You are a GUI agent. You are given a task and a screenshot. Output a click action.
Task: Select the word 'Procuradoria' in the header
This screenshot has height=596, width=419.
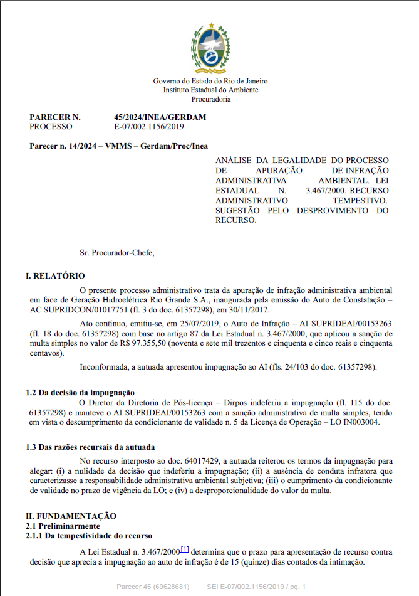click(x=210, y=99)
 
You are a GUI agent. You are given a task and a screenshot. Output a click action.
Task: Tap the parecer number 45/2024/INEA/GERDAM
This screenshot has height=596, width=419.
click(x=160, y=117)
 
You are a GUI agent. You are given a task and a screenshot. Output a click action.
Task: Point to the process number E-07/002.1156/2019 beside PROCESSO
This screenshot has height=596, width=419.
click(x=149, y=126)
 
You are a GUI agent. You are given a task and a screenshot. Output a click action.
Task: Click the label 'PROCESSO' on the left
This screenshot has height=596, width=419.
click(x=51, y=126)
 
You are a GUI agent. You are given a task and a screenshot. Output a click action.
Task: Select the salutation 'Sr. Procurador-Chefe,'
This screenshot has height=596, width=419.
click(x=116, y=253)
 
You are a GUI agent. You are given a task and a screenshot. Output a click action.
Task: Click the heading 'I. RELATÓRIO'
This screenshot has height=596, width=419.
click(x=55, y=276)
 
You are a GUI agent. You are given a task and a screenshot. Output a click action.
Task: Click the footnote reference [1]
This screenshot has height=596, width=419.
click(x=185, y=550)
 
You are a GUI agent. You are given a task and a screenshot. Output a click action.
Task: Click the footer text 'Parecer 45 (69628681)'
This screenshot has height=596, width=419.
click(x=153, y=587)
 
